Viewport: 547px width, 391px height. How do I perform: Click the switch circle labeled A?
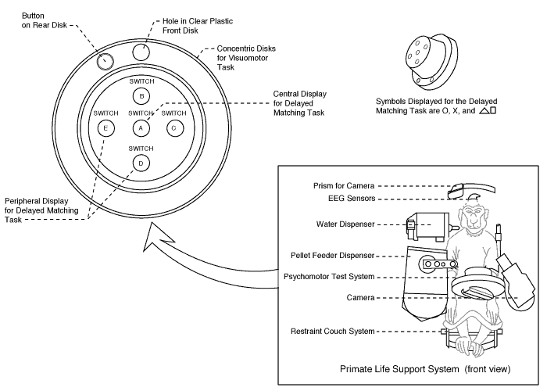141,127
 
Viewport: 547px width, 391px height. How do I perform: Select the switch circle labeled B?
141,96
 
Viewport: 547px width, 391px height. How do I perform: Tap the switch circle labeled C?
174,127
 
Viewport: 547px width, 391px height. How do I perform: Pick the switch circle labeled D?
141,162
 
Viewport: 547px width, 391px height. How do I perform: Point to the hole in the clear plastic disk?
141,52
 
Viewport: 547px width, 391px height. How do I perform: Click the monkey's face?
474,220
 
